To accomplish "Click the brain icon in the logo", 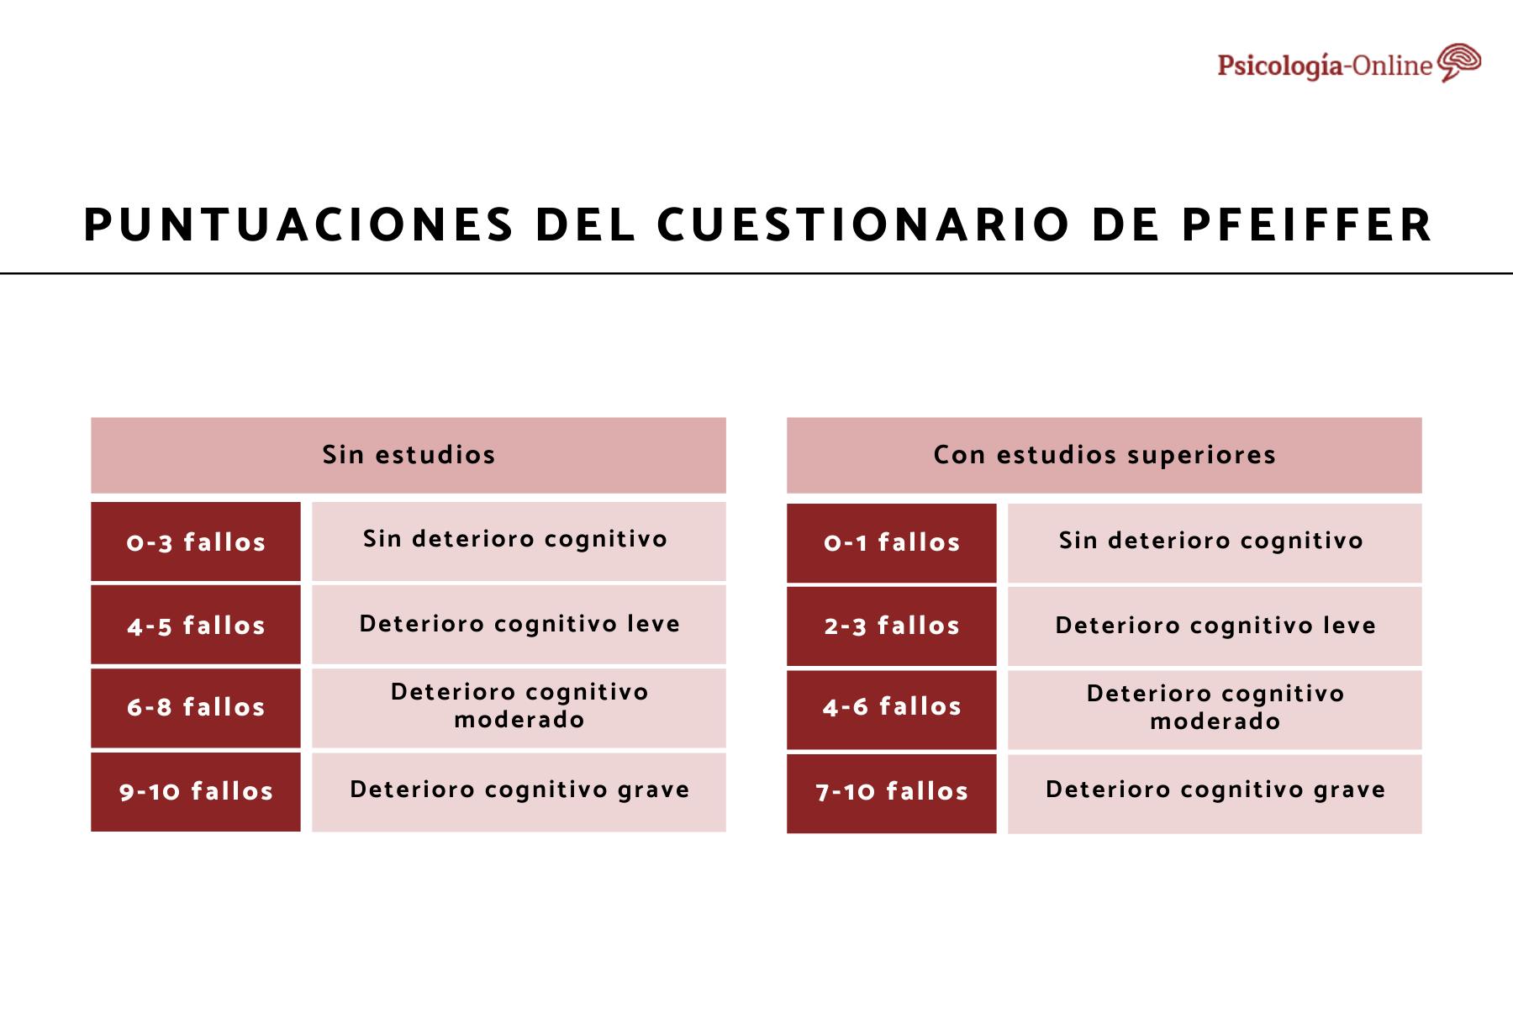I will tap(1458, 63).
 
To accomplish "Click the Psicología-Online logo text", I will tap(1325, 66).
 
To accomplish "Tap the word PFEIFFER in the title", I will tap(1306, 225).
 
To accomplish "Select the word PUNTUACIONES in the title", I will tap(298, 225).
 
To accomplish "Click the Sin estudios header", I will tap(409, 455).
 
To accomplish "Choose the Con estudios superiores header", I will tap(1104, 455).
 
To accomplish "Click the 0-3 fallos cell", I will tap(196, 542).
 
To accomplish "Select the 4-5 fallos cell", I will tap(196, 626).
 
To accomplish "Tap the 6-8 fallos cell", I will tap(196, 707).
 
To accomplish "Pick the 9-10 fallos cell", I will tap(196, 791).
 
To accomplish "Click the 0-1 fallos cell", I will tap(892, 542).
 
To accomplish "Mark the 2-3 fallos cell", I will tap(892, 626).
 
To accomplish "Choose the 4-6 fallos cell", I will tap(892, 707).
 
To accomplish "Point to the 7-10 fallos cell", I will tap(892, 791).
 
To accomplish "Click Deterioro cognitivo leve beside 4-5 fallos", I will tap(519, 624).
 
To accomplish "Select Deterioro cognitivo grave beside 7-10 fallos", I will tap(1215, 790).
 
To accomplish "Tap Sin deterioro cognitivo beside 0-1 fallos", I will tap(1210, 541).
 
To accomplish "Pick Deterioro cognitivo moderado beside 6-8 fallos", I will tap(519, 706).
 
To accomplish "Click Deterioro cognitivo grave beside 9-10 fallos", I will tap(519, 790).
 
